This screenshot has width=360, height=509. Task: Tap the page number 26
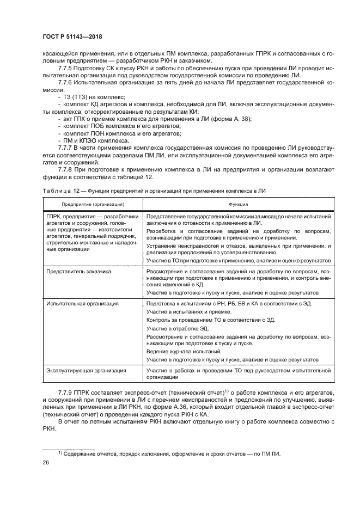(x=46, y=462)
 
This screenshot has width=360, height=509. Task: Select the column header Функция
(x=239, y=204)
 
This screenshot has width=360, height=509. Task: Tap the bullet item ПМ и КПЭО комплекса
(x=96, y=140)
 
